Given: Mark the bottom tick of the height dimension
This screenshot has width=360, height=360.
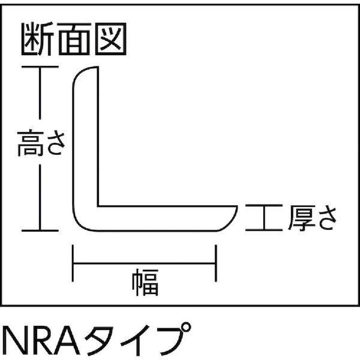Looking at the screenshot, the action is coord(40,229).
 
